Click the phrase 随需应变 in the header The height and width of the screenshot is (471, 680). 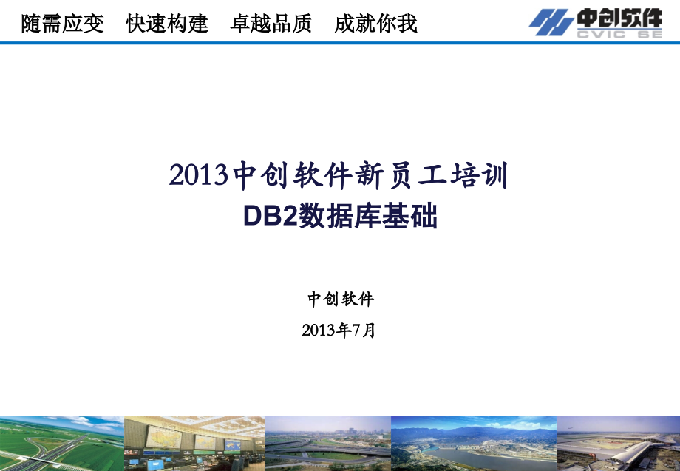(x=63, y=24)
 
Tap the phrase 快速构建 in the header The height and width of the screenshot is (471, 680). (x=167, y=24)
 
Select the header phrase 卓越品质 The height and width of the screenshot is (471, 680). (x=271, y=24)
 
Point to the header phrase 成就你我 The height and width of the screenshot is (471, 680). (x=375, y=24)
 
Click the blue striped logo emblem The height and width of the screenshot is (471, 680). (x=551, y=22)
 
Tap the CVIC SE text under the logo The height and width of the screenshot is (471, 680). (x=620, y=34)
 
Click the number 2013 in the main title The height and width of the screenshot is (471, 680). (x=196, y=176)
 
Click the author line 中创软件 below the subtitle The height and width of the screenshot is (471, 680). (x=341, y=299)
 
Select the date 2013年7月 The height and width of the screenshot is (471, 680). (x=339, y=331)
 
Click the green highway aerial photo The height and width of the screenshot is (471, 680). (x=61, y=444)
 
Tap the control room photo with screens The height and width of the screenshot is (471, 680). (x=194, y=444)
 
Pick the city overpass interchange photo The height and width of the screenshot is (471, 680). (x=327, y=444)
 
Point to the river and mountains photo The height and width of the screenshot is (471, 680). (x=473, y=444)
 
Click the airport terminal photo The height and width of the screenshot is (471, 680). (x=618, y=444)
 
